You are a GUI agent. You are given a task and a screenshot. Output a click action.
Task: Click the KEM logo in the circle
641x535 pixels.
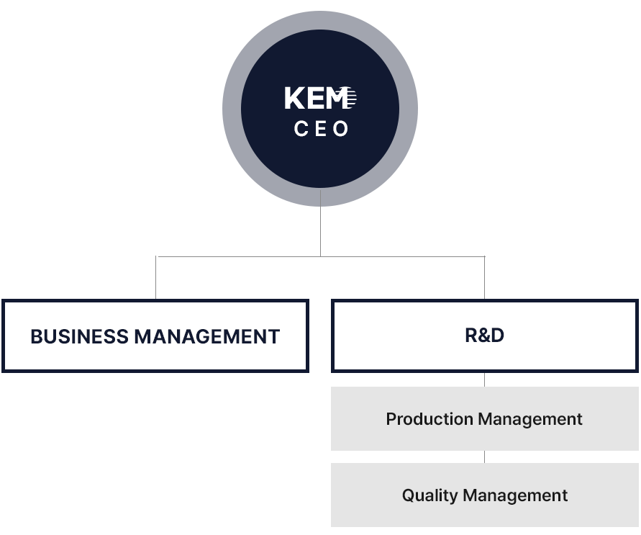click(321, 98)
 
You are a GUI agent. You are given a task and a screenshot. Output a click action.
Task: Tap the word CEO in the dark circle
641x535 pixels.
click(321, 129)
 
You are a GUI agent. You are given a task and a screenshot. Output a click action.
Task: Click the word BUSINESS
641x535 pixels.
click(80, 336)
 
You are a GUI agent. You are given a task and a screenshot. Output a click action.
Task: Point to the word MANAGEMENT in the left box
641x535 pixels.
click(207, 336)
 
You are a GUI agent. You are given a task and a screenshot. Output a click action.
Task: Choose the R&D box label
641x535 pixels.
click(484, 336)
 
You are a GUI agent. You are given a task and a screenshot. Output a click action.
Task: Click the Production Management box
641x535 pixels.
click(484, 418)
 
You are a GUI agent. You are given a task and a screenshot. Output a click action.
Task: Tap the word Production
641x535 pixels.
click(429, 419)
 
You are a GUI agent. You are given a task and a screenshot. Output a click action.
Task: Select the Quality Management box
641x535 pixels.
click(484, 495)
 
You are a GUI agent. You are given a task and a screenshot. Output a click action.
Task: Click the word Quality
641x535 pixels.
click(430, 495)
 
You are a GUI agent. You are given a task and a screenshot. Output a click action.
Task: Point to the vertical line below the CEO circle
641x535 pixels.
click(321, 223)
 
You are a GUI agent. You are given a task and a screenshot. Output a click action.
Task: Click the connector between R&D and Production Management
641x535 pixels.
click(484, 379)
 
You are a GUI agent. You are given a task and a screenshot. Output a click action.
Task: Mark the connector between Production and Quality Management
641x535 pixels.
click(484, 457)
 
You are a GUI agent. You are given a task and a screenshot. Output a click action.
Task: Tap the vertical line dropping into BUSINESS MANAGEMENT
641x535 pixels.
click(155, 278)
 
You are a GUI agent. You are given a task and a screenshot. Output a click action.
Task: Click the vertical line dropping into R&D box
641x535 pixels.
click(484, 278)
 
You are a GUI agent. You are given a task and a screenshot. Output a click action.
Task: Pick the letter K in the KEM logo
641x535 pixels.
click(293, 98)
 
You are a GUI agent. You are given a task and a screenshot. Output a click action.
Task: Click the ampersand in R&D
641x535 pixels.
click(484, 336)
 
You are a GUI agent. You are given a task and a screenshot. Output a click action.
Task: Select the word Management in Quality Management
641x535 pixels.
click(515, 495)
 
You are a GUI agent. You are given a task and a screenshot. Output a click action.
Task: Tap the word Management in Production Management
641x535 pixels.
click(529, 419)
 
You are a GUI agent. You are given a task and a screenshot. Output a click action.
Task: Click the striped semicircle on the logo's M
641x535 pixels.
click(351, 98)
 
